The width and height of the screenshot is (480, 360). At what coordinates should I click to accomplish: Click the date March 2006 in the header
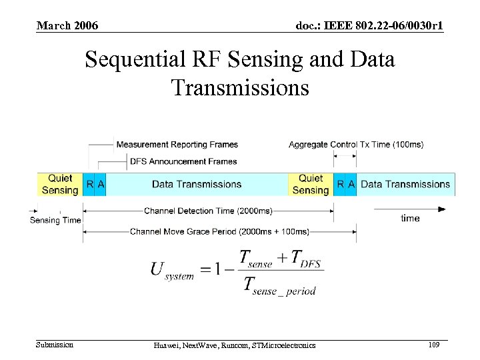click(x=67, y=26)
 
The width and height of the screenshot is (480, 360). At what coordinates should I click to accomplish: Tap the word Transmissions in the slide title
click(x=240, y=87)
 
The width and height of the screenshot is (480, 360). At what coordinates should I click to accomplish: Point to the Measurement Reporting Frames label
click(x=177, y=145)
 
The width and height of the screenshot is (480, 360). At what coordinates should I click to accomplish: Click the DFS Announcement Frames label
click(x=183, y=161)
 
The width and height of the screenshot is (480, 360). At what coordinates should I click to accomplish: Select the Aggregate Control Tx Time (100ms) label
click(x=355, y=145)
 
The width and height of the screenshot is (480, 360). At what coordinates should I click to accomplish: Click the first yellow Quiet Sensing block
click(x=60, y=184)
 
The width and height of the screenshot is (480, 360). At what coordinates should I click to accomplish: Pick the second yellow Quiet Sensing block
click(x=311, y=184)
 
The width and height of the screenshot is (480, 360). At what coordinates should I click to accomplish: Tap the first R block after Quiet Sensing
click(x=89, y=184)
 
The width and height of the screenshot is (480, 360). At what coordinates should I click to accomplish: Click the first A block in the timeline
click(x=101, y=184)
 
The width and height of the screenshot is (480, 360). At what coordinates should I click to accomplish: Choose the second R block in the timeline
click(x=340, y=184)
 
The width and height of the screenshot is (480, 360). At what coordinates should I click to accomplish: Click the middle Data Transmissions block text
click(x=197, y=185)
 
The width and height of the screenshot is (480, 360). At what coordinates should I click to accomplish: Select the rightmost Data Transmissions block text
click(x=405, y=185)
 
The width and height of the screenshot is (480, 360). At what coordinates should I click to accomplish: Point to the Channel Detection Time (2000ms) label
click(x=208, y=211)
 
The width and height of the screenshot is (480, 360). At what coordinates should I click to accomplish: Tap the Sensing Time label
click(x=55, y=221)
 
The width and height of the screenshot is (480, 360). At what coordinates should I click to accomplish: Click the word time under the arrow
click(x=410, y=219)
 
